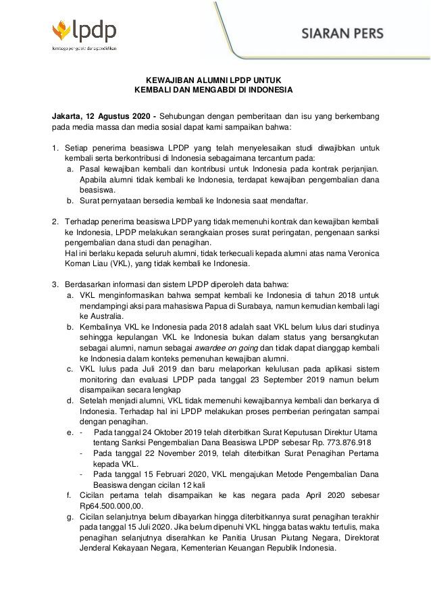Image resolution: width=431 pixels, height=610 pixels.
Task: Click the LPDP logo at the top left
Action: [84, 34]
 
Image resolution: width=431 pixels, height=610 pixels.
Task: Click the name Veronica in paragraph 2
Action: [357, 253]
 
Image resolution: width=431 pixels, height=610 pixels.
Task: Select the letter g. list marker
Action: [70, 516]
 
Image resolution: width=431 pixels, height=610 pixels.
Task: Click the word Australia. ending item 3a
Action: [101, 315]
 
